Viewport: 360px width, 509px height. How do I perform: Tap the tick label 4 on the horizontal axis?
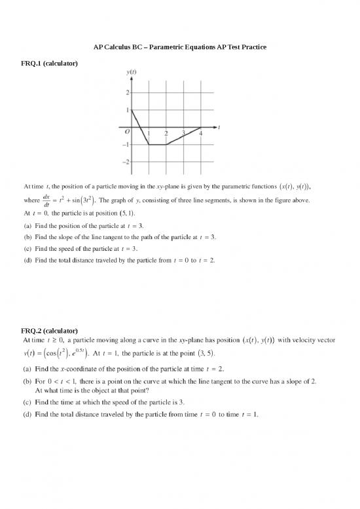pos(200,133)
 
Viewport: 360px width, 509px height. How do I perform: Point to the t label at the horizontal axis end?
pos(219,127)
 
